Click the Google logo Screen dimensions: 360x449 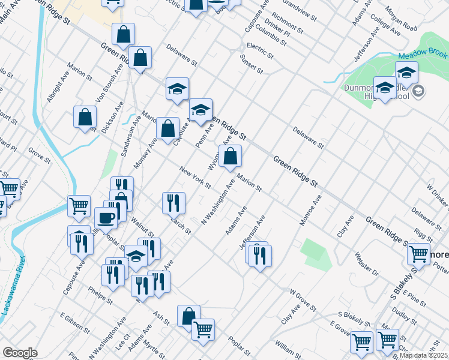(20, 353)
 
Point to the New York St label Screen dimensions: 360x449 (195, 178)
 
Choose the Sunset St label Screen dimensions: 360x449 (251, 64)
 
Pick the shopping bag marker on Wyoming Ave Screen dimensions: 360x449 (230, 157)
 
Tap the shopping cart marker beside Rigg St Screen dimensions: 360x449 (418, 254)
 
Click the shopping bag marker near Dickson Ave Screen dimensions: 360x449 (85, 117)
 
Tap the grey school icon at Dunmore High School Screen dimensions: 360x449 (419, 92)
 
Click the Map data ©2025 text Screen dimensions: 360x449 (424, 355)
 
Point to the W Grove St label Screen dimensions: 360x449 (303, 301)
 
